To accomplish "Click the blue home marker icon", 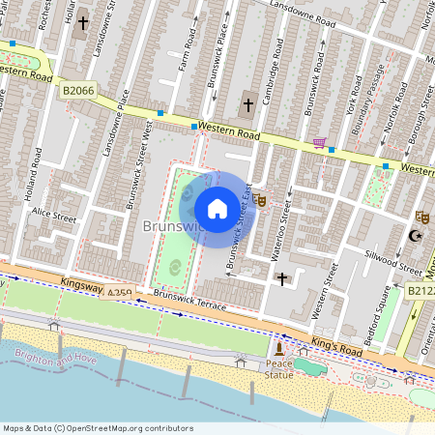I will (217, 209).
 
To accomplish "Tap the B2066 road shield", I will (77, 90).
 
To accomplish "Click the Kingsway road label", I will (81, 283).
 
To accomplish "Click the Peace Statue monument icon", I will (279, 348).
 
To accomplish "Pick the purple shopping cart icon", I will (319, 143).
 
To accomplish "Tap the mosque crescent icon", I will (418, 235).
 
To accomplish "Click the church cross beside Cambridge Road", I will (247, 103).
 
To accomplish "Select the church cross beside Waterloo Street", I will (282, 278).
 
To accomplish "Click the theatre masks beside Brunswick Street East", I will (261, 200).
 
